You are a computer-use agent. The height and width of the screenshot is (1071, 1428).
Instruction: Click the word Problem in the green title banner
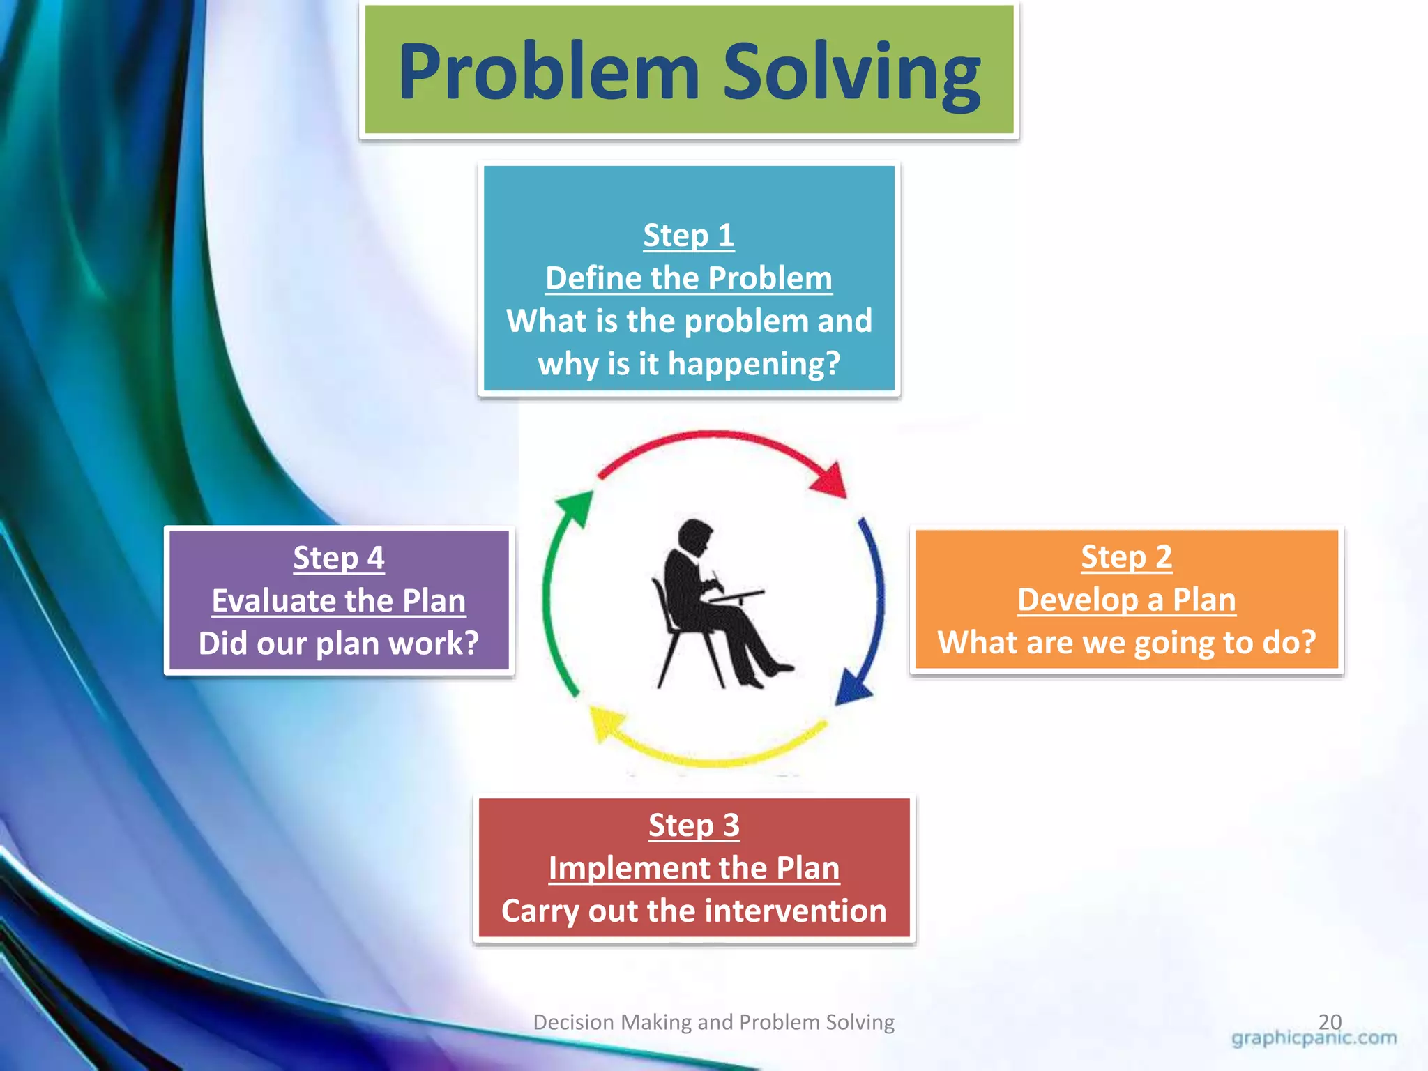click(x=549, y=72)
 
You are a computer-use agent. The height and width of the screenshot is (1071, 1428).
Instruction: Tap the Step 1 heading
click(x=688, y=235)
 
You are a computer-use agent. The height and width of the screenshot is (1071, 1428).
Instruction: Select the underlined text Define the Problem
click(x=688, y=278)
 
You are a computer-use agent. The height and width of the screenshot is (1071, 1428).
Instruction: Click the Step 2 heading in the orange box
click(x=1126, y=556)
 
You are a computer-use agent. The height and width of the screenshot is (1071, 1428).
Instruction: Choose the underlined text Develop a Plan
click(x=1126, y=600)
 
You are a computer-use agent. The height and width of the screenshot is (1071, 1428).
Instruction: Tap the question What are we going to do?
click(x=1126, y=642)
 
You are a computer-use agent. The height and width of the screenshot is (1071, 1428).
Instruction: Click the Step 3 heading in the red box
click(x=694, y=825)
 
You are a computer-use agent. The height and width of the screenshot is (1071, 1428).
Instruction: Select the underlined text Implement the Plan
click(x=694, y=868)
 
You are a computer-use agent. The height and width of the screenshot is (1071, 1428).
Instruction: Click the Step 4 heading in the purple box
click(x=338, y=558)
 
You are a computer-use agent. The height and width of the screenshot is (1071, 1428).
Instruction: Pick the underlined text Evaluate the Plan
click(x=338, y=601)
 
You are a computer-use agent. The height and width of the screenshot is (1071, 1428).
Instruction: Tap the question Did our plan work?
click(x=338, y=644)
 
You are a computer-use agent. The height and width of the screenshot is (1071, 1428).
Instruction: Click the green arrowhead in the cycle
click(x=576, y=507)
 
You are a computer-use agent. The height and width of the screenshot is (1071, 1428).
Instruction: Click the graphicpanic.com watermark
click(x=1314, y=1038)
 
